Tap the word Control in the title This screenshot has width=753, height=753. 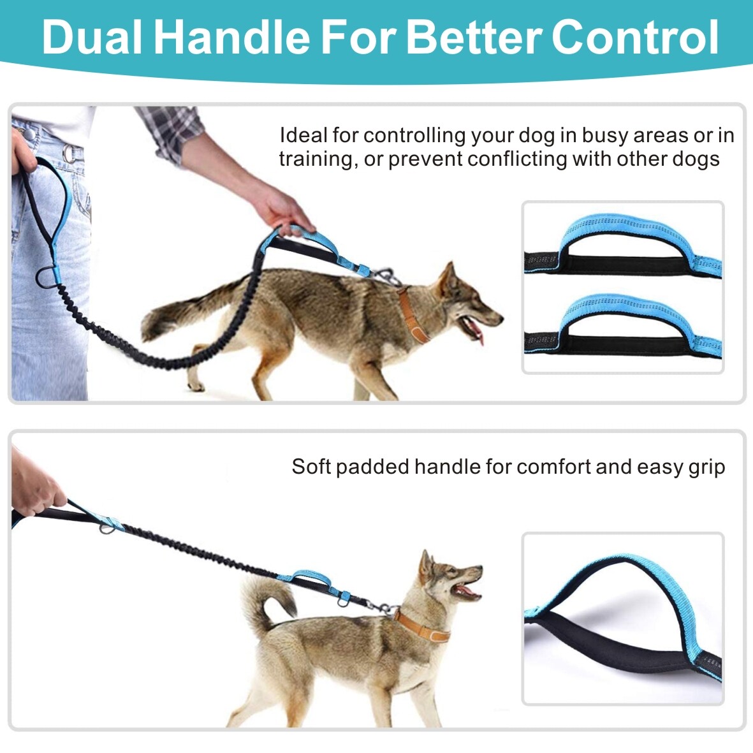(635, 38)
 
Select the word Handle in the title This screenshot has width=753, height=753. (232, 38)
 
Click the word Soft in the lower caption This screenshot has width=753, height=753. (311, 467)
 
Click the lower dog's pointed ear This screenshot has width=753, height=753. (425, 567)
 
